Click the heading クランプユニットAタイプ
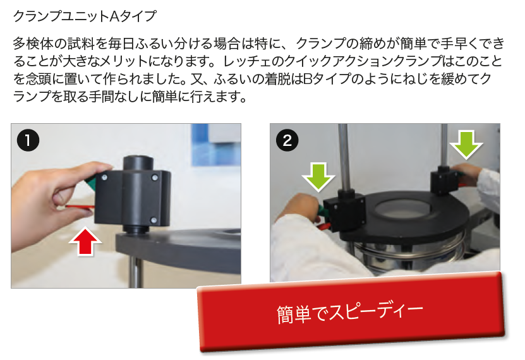[85, 16]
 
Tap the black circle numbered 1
[28, 140]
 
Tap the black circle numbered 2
[287, 140]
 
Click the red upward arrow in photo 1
[85, 241]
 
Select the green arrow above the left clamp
[318, 177]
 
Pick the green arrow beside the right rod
[466, 145]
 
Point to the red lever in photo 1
[80, 207]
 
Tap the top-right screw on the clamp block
[155, 177]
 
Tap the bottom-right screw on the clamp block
[154, 220]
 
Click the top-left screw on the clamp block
[105, 177]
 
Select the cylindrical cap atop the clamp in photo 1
[138, 164]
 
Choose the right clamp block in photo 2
[444, 181]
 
